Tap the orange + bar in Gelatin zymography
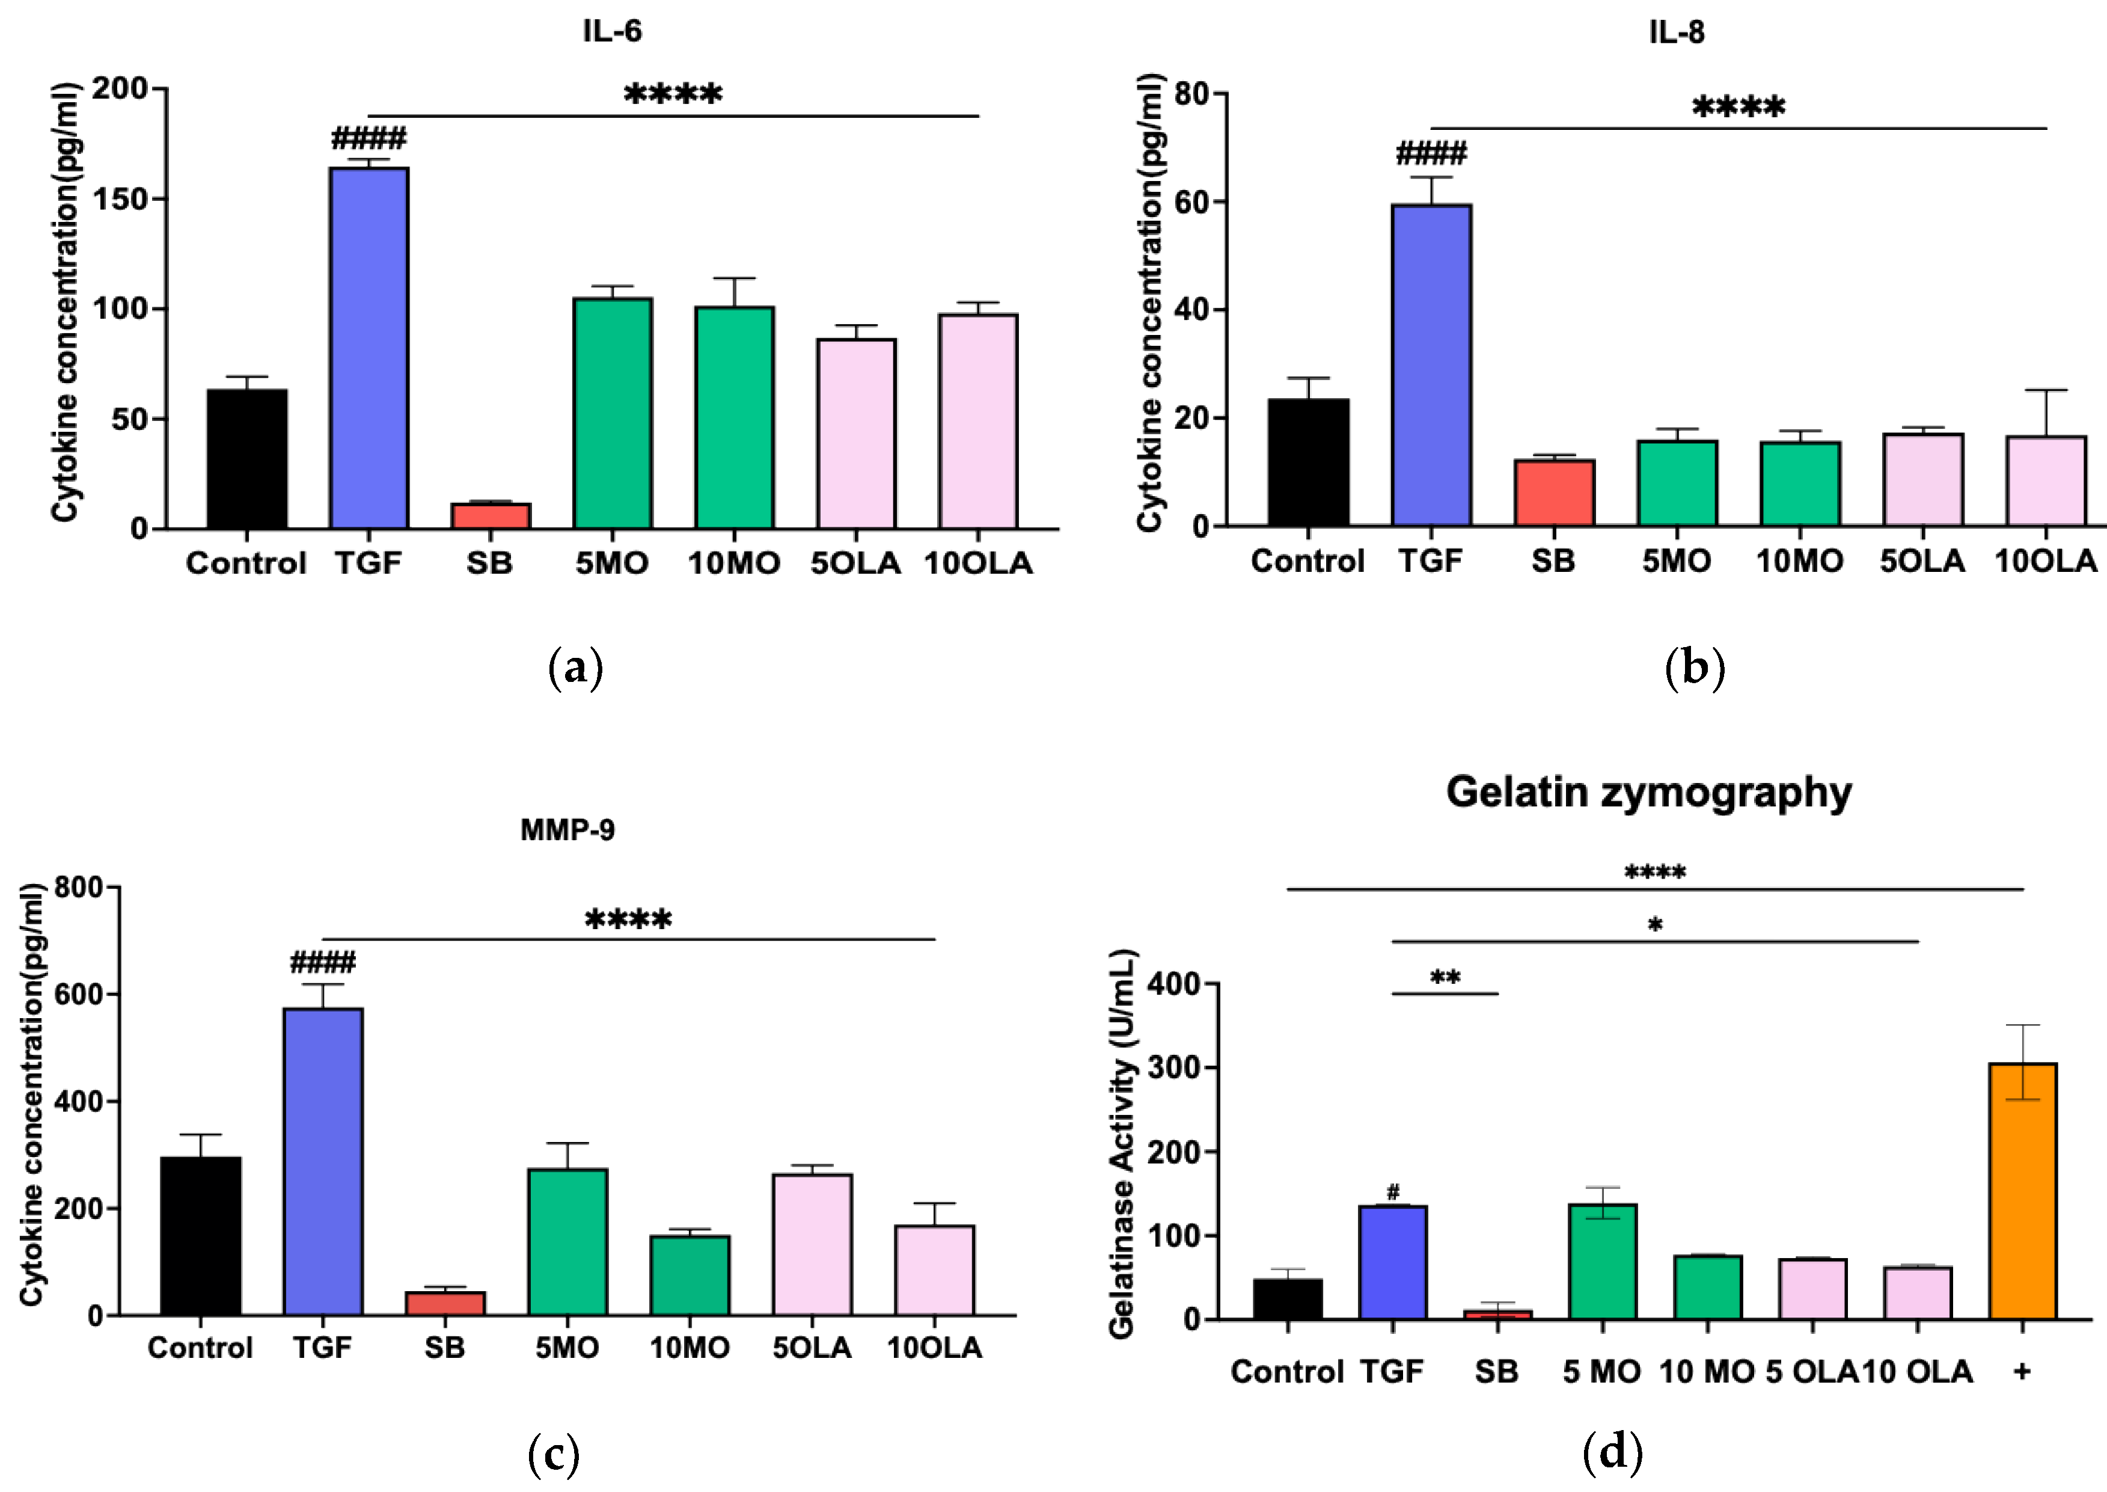pyautogui.click(x=2022, y=1191)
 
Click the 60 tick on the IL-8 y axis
pyautogui.click(x=1190, y=202)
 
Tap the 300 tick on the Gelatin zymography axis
pyautogui.click(x=1178, y=1067)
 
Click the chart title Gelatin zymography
pyautogui.click(x=1649, y=792)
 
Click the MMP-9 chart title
pyautogui.click(x=567, y=830)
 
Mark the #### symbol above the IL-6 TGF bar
pyautogui.click(x=368, y=140)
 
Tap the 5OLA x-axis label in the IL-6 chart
pyautogui.click(x=855, y=562)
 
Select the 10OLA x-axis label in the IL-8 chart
pyautogui.click(x=2046, y=560)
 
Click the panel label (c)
pyautogui.click(x=554, y=1454)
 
